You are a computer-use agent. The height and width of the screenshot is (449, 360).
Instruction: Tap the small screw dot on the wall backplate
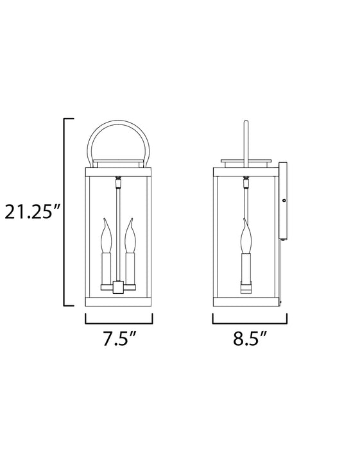coord(283,201)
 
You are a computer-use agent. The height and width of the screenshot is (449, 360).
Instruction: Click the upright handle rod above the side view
coord(244,138)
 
